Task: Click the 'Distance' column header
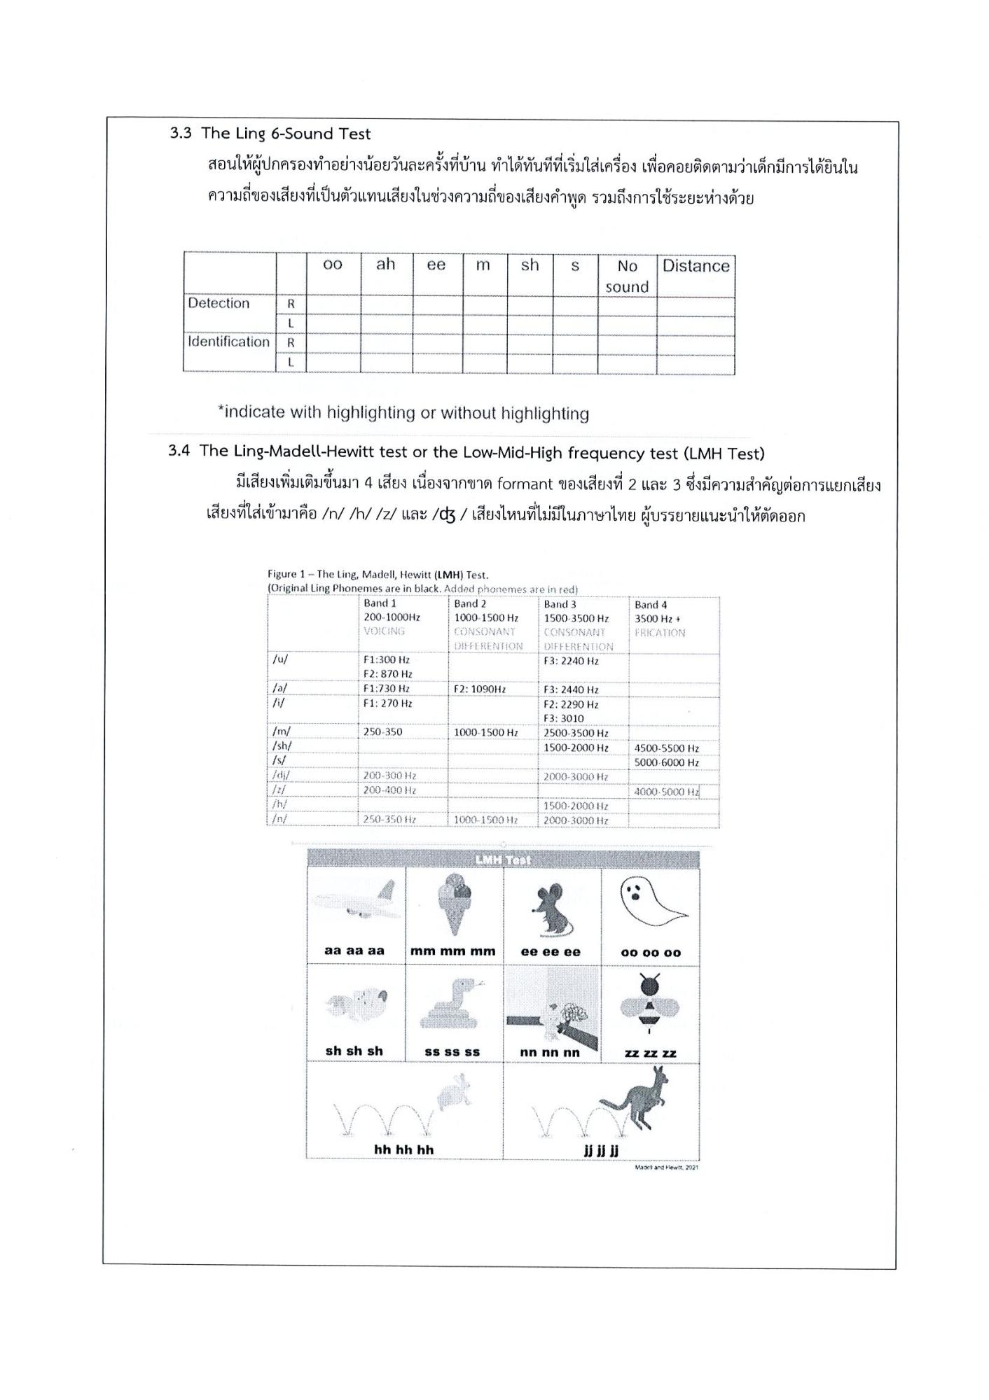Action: (696, 266)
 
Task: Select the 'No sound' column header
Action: (627, 276)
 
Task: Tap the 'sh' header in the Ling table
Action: (530, 265)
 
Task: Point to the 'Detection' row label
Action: (219, 303)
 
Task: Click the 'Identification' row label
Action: (228, 342)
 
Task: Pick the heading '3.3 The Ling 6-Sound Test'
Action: (270, 134)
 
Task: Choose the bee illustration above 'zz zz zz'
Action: (650, 1005)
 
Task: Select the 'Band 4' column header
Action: (651, 605)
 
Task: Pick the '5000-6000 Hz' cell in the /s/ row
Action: (666, 762)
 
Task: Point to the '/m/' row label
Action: (281, 731)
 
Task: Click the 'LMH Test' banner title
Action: (503, 860)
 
